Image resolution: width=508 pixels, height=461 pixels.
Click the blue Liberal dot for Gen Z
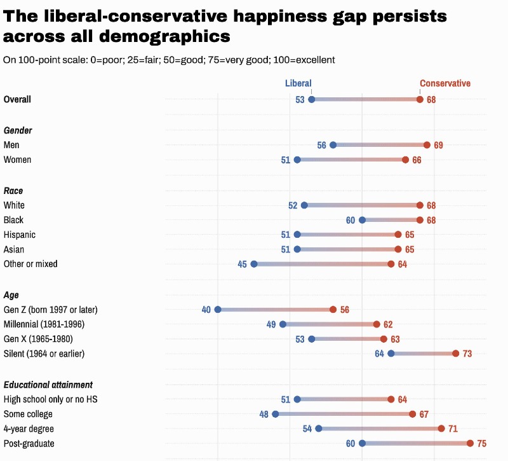(x=218, y=310)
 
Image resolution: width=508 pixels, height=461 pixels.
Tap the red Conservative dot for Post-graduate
(x=470, y=443)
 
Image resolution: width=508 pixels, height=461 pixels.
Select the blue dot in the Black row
(x=362, y=220)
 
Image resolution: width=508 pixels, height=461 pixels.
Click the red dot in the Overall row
(x=420, y=99)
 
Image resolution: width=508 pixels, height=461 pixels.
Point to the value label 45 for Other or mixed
(x=242, y=264)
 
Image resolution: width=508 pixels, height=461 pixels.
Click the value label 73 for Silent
(x=467, y=354)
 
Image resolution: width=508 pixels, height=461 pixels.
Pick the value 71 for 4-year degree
(x=453, y=429)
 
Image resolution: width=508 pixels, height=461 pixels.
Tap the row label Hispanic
(x=20, y=235)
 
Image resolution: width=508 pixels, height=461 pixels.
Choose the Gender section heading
(x=18, y=130)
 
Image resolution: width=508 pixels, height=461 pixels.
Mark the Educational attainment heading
(x=48, y=385)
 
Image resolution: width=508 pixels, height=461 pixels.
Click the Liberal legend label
(x=298, y=83)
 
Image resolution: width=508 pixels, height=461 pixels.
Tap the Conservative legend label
(x=444, y=83)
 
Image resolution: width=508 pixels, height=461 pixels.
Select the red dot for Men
(x=427, y=145)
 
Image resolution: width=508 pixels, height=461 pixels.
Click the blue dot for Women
(x=297, y=160)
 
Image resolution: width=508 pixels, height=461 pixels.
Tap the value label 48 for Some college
(x=264, y=415)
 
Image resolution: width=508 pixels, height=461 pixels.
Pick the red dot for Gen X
(x=384, y=339)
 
